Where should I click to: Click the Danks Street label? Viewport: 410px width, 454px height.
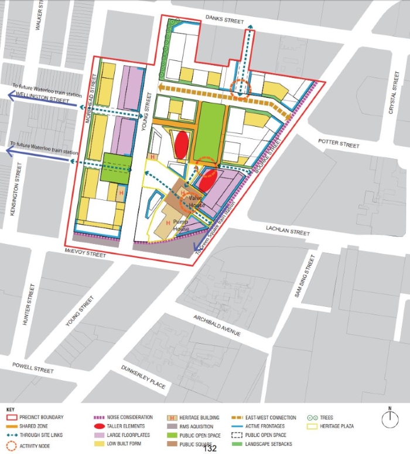224,21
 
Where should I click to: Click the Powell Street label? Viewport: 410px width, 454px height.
33,368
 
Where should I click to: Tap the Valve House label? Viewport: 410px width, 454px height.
196,202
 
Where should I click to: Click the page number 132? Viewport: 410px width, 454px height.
210,449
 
